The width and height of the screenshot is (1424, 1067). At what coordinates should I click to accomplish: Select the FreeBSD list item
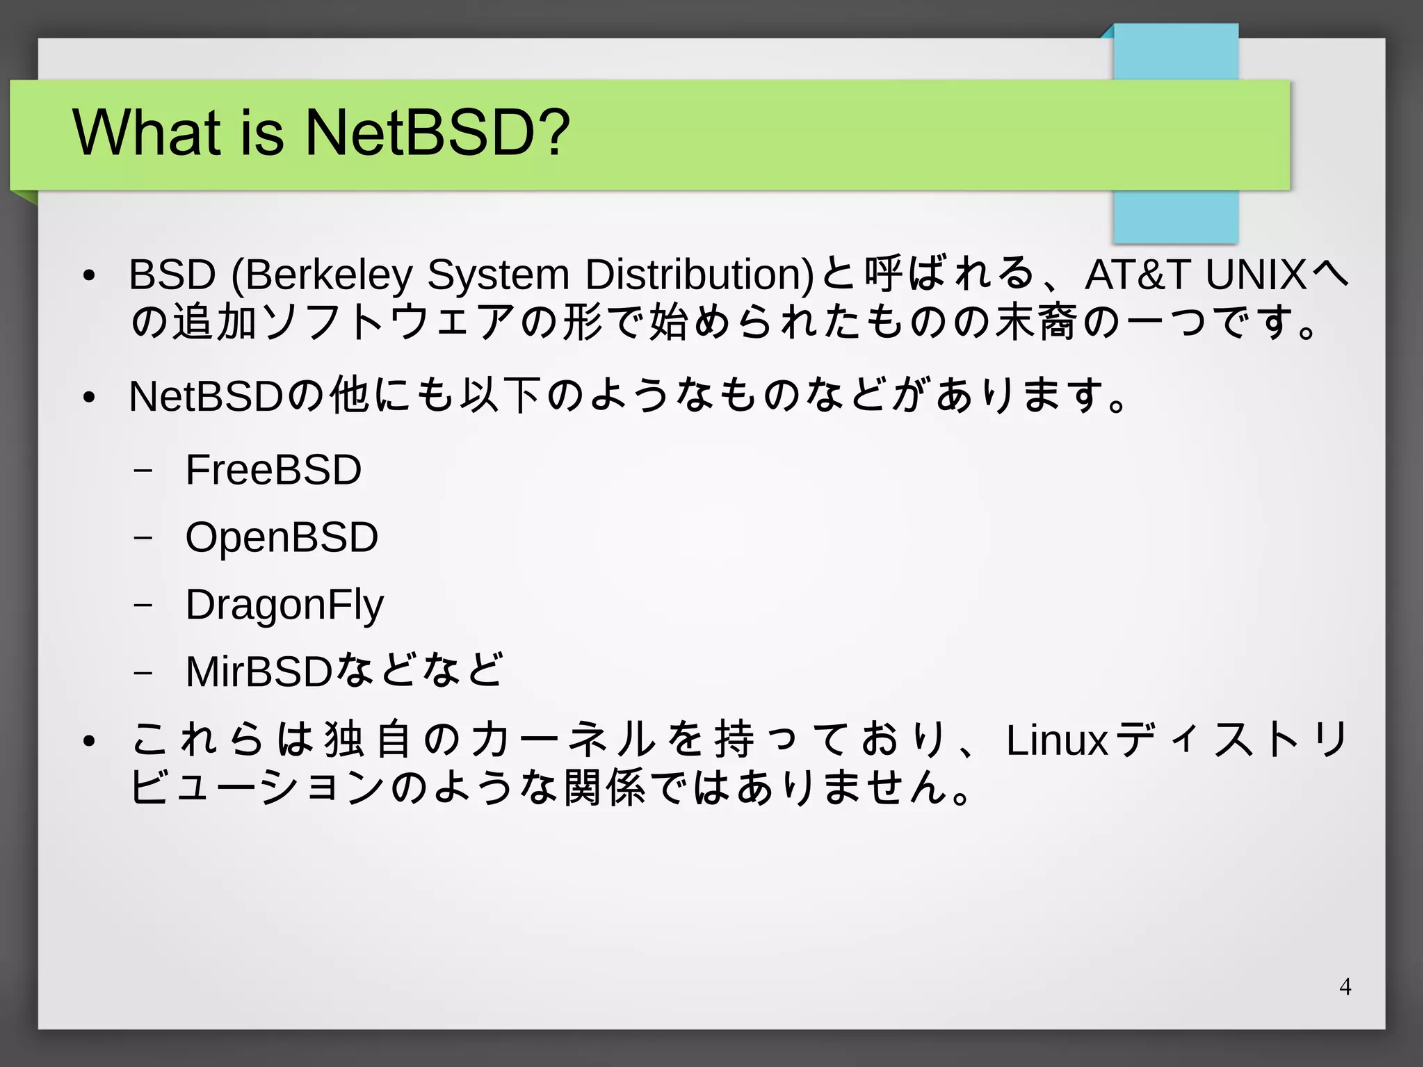click(273, 470)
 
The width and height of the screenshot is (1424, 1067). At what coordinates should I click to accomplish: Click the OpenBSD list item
click(282, 537)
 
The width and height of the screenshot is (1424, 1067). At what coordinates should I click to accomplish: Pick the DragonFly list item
click(284, 605)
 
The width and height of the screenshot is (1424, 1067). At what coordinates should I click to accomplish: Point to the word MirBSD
click(259, 671)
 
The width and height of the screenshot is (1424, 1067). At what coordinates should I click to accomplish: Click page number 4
click(1345, 986)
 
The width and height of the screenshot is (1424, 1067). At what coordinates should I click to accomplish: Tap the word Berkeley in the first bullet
click(328, 274)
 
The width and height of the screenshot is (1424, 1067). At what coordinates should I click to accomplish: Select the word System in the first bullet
click(498, 274)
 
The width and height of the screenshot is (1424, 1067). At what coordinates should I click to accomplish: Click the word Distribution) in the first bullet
click(699, 274)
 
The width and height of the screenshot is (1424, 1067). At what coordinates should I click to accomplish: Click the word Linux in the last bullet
click(1056, 740)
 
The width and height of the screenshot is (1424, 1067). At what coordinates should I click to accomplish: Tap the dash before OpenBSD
click(143, 538)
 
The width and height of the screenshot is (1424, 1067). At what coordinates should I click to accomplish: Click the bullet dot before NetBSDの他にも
click(88, 398)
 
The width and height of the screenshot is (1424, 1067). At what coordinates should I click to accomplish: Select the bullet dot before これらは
click(88, 742)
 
